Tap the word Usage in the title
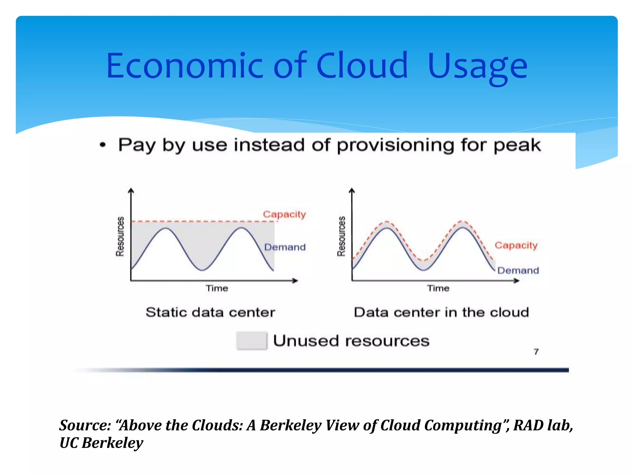tap(478, 66)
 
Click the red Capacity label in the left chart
tap(284, 214)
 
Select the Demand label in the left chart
tap(285, 247)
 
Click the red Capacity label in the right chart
tap(516, 245)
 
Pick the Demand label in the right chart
tap(518, 271)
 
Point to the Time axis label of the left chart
tap(217, 288)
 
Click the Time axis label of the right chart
tap(438, 288)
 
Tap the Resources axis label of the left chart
tap(120, 237)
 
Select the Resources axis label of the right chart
tap(341, 237)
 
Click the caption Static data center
tap(210, 312)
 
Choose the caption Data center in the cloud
tap(441, 312)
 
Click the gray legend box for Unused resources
tap(252, 340)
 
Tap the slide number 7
tap(536, 352)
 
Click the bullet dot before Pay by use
tap(103, 145)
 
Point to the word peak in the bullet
tap(517, 145)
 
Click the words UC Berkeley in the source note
tap(101, 443)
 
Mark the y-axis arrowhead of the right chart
tap(352, 190)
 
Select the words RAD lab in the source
tap(543, 425)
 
